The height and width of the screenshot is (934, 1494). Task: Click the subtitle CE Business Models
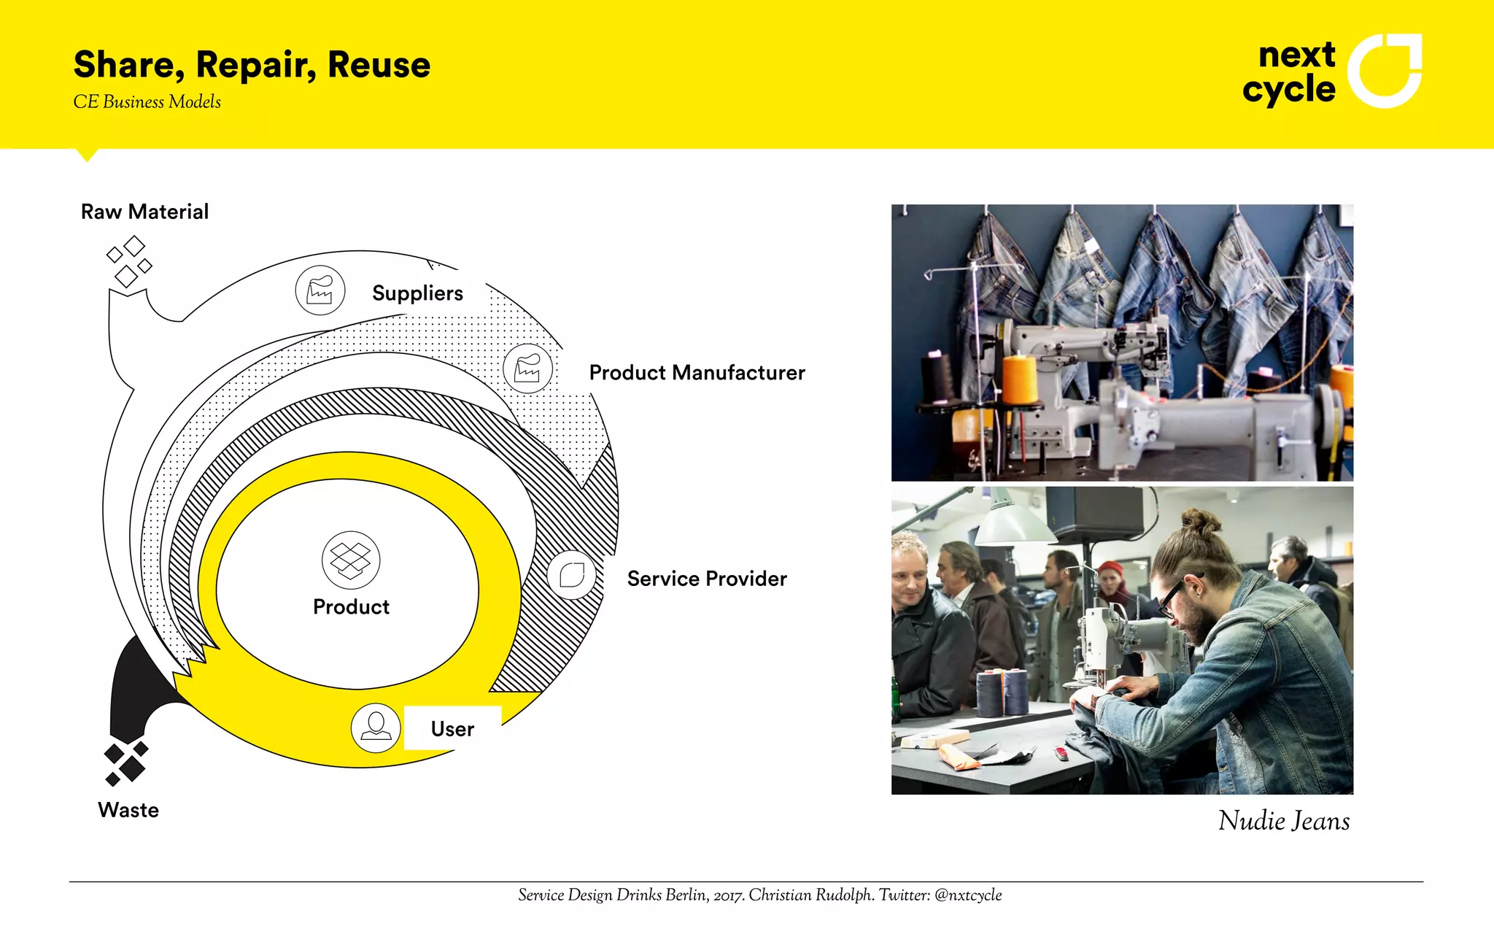click(x=147, y=102)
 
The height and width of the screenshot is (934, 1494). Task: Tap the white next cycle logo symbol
click(x=1384, y=71)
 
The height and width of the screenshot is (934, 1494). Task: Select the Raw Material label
click(x=144, y=212)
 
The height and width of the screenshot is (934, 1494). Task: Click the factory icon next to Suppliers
click(x=320, y=290)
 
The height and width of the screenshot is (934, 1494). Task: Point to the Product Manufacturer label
click(x=697, y=373)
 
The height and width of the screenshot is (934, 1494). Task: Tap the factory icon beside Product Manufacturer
click(x=527, y=368)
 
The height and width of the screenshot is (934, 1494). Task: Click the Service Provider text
click(x=706, y=579)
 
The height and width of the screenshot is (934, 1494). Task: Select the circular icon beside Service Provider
click(x=572, y=575)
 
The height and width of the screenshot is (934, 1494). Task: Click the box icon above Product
click(x=351, y=560)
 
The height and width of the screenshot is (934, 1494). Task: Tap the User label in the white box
click(x=452, y=728)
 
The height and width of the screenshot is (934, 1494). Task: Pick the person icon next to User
click(x=376, y=727)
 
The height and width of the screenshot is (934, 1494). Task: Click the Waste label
click(x=128, y=810)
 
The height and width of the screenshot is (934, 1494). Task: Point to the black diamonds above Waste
click(x=126, y=763)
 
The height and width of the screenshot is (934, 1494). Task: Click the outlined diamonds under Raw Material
click(x=129, y=261)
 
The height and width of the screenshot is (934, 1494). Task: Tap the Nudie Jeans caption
click(x=1283, y=821)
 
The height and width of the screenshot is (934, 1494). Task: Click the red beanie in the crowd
click(x=1112, y=569)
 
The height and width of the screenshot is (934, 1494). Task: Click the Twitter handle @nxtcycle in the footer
click(x=967, y=895)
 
